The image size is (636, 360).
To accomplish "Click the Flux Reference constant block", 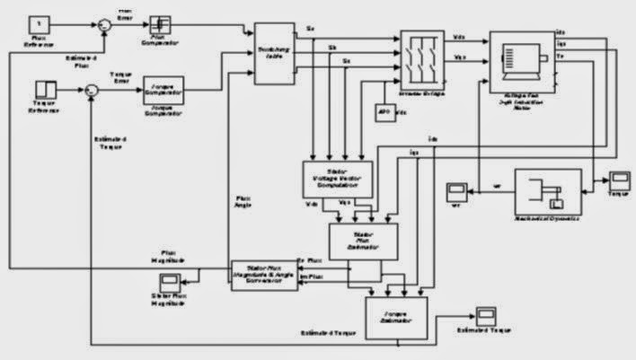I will pyautogui.click(x=41, y=22).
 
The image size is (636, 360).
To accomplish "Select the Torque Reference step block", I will pyautogui.click(x=45, y=89).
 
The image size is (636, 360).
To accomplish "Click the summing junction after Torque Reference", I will pyautogui.click(x=92, y=90).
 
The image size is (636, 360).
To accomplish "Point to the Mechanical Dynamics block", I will pyautogui.click(x=545, y=190).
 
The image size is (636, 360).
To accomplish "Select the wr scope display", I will pyautogui.click(x=456, y=190).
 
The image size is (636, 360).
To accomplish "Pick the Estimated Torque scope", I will pyautogui.click(x=486, y=316).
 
